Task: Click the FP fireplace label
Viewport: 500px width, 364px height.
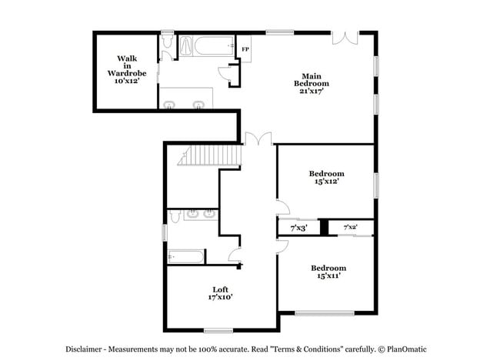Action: [x=245, y=49]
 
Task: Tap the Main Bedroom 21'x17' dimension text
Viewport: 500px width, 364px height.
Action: [x=312, y=91]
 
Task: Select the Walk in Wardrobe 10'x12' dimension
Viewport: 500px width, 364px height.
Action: [x=127, y=81]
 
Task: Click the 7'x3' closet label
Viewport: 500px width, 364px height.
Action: [x=298, y=228]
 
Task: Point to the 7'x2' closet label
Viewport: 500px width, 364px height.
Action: [x=350, y=227]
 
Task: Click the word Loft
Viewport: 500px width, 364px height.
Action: [x=220, y=289]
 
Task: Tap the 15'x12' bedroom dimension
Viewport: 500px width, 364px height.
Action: [x=326, y=181]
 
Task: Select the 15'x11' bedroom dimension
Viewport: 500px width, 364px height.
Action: [x=328, y=276]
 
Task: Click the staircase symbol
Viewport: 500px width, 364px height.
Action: [x=209, y=155]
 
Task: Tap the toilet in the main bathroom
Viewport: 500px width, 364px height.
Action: [x=167, y=42]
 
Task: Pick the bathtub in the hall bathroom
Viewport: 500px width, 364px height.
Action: [x=185, y=257]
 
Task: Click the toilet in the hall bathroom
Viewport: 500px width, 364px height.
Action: [x=175, y=216]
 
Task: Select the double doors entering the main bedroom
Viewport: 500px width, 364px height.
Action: [x=258, y=139]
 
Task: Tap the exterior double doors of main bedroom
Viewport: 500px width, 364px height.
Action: [x=345, y=38]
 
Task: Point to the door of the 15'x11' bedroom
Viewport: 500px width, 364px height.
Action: [x=282, y=246]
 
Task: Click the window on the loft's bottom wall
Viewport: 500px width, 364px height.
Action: [x=218, y=331]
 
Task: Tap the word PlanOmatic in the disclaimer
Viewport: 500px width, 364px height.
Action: [x=407, y=349]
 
